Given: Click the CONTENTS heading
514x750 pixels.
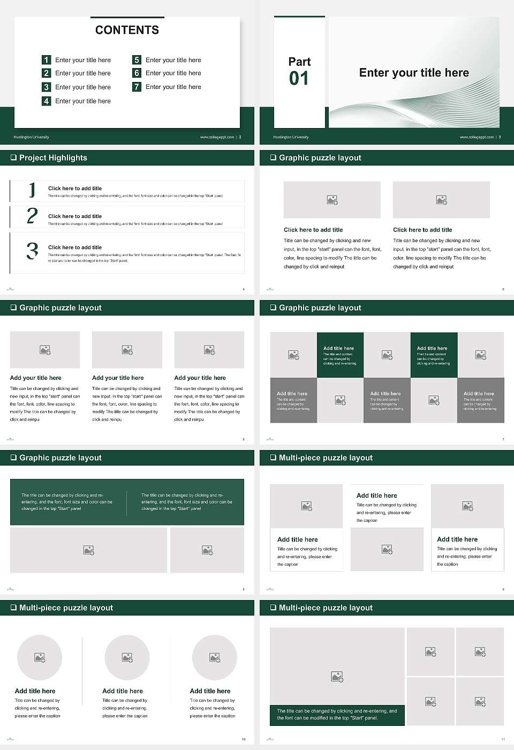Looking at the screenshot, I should click(127, 30).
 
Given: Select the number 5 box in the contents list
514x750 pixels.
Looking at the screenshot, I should click(137, 60).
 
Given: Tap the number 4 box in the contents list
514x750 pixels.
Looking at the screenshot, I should click(46, 101).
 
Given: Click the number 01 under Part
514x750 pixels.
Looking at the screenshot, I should click(299, 79).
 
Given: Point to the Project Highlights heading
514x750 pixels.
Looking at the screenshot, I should click(53, 157).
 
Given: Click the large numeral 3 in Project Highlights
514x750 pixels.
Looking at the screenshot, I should click(32, 251).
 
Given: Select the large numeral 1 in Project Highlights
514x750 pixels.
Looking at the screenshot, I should click(32, 190).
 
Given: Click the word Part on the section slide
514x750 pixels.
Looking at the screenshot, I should click(299, 62).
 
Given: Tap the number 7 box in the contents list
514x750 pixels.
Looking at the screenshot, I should click(137, 87).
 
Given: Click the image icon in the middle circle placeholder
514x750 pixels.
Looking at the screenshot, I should click(127, 657).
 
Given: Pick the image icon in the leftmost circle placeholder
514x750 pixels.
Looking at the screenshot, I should click(40, 657).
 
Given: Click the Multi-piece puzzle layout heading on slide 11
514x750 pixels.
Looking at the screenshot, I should click(326, 607).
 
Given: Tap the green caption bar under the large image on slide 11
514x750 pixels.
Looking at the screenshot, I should click(337, 715).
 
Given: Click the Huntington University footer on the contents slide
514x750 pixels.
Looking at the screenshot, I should click(31, 137).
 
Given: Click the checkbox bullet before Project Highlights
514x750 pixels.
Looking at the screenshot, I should click(13, 157).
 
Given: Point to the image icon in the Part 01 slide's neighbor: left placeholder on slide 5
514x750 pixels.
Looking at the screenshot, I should click(332, 200).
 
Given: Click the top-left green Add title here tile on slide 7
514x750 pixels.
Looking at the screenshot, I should click(340, 355).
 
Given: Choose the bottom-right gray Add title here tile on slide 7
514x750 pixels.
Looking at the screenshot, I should click(480, 400).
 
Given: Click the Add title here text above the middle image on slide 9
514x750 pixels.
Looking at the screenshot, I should click(377, 496).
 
